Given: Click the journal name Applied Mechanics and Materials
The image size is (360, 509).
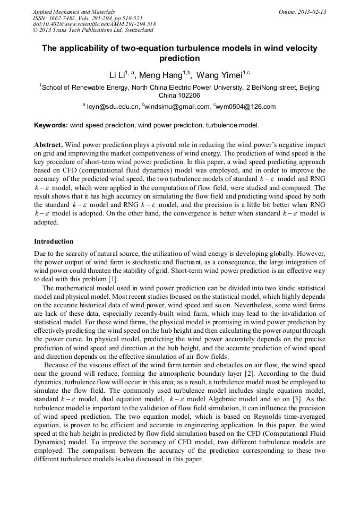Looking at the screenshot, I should tap(74, 11).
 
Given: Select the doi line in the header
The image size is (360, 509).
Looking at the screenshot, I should tap(94, 24).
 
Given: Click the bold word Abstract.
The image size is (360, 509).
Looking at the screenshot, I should tap(49, 145).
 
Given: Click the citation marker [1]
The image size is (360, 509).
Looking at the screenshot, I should tap(113, 279).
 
